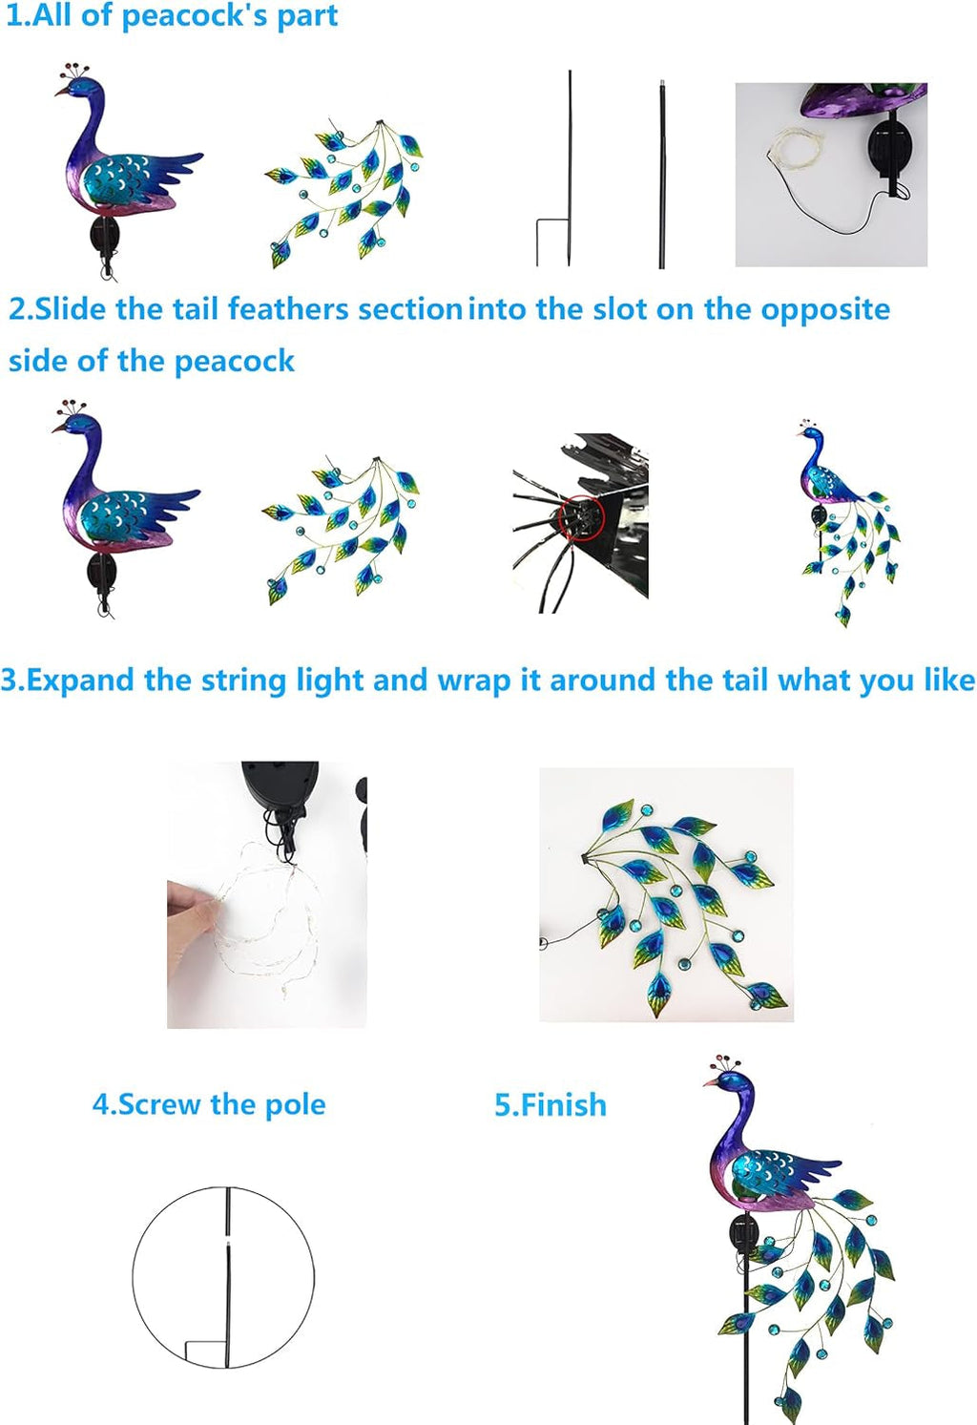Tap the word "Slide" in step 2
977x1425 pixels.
pos(70,309)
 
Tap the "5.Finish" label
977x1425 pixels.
pos(551,1104)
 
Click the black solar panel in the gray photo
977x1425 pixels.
pos(889,150)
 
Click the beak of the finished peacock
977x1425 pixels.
pos(711,1081)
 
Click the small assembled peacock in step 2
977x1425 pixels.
pos(846,522)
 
